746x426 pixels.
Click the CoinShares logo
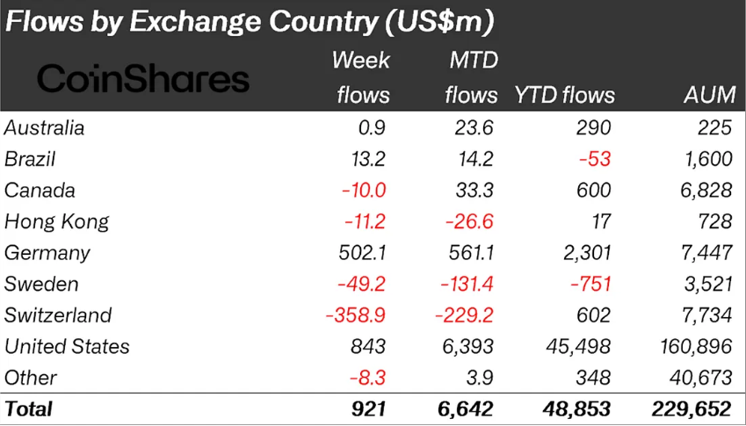pyautogui.click(x=143, y=79)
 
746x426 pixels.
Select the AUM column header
pyautogui.click(x=707, y=95)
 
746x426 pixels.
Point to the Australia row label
pyautogui.click(x=45, y=128)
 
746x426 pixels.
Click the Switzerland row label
pyautogui.click(x=57, y=315)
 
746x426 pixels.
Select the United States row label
pyautogui.click(x=67, y=347)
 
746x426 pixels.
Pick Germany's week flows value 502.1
pyautogui.click(x=362, y=253)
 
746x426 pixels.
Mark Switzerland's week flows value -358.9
pyautogui.click(x=354, y=315)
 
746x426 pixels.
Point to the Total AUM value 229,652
pyautogui.click(x=692, y=409)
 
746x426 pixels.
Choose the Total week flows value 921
pyautogui.click(x=368, y=409)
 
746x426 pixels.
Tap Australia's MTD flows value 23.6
pyautogui.click(x=475, y=128)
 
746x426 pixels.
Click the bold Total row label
pyautogui.click(x=29, y=409)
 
